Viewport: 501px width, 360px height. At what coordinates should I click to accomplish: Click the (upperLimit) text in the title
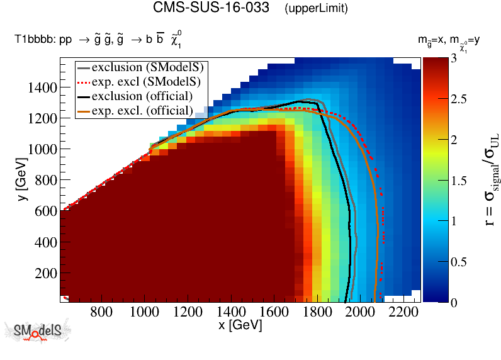(x=316, y=9)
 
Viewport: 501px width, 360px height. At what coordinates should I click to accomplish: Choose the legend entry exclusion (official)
(x=142, y=96)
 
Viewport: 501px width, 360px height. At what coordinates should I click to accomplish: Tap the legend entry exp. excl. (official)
(x=142, y=110)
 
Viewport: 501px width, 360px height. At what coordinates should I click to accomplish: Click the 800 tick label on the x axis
(x=101, y=312)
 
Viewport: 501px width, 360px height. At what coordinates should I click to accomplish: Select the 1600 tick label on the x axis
(x=274, y=312)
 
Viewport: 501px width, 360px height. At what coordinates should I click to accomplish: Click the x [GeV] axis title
(x=240, y=325)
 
